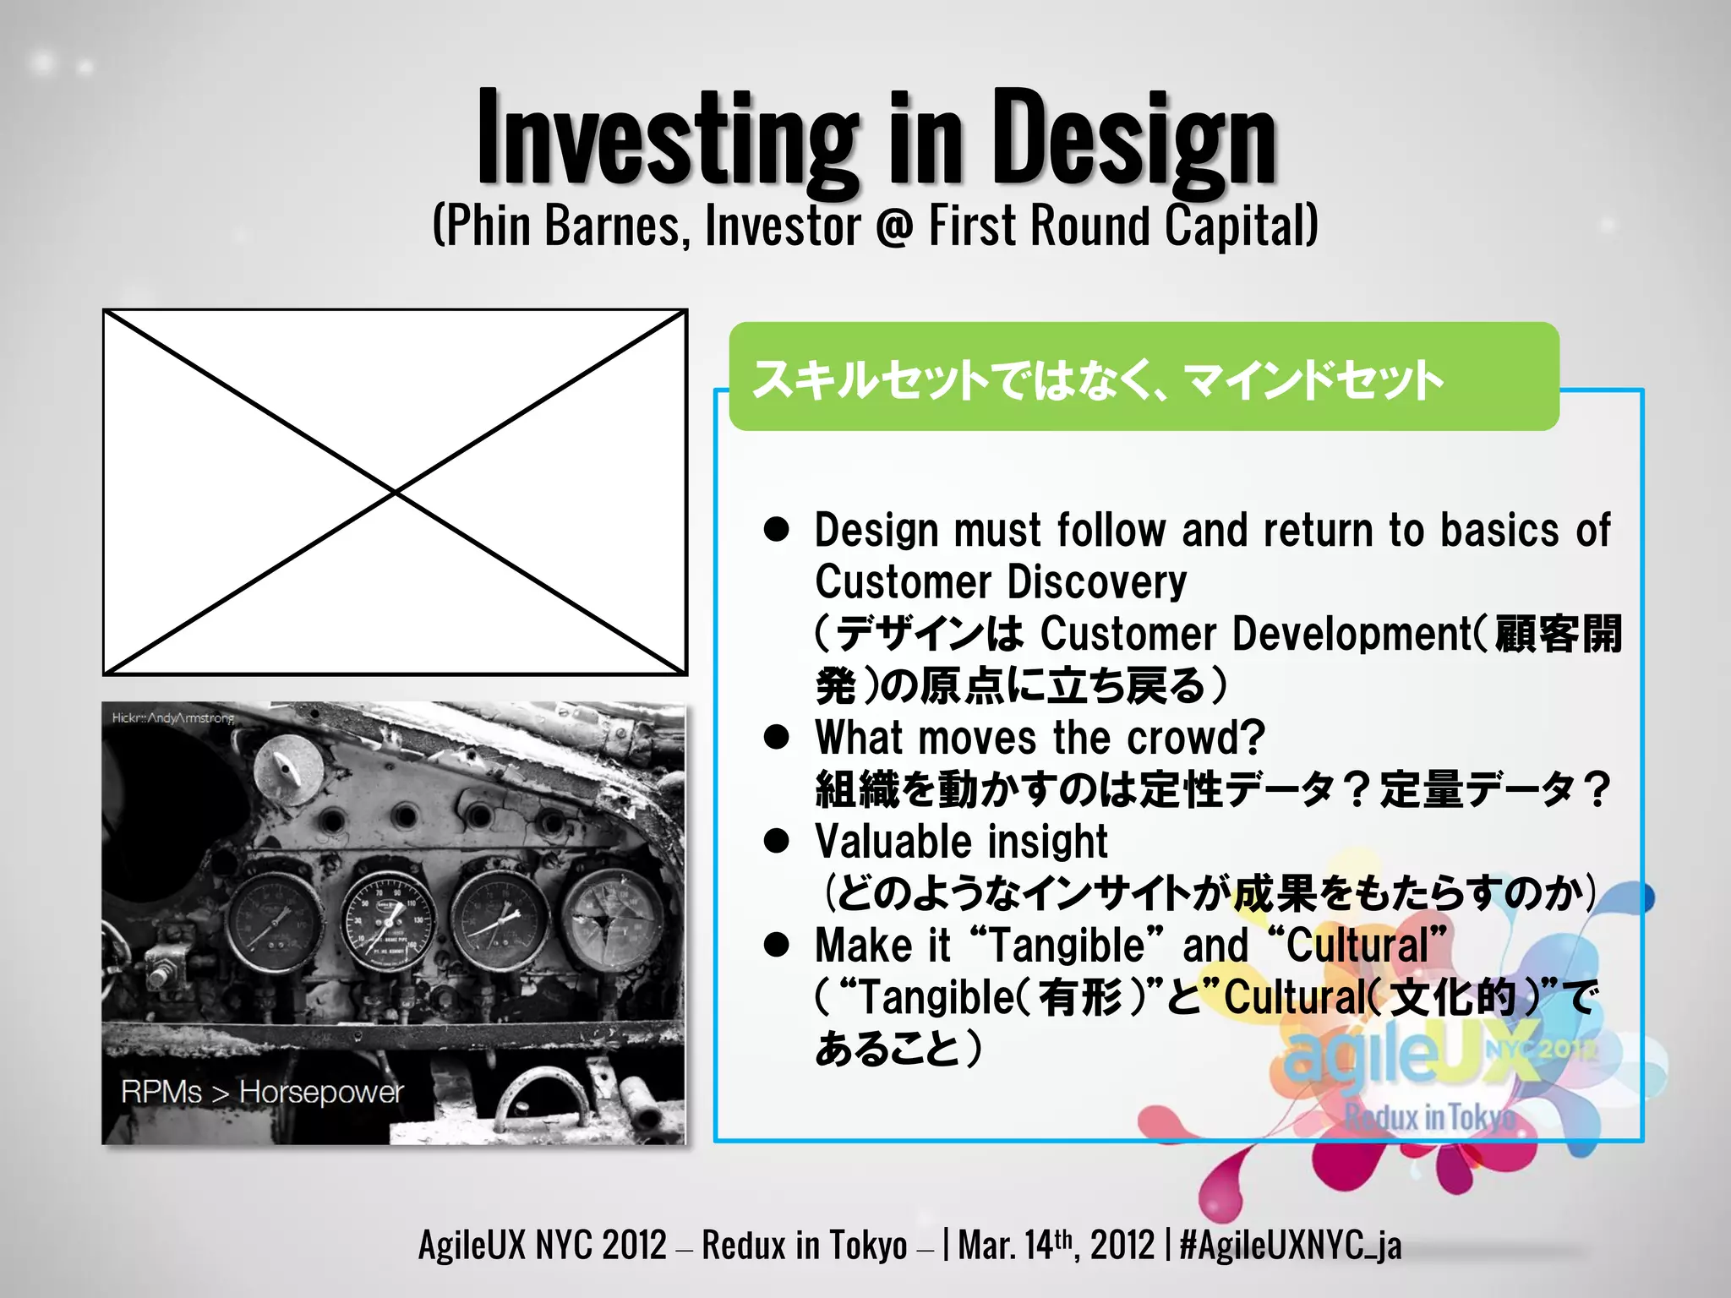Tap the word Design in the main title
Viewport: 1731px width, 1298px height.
pos(1133,139)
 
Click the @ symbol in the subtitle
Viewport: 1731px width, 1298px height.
pos(894,226)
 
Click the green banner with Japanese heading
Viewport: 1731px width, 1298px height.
pos(1143,378)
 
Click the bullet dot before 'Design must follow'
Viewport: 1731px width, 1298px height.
pos(776,530)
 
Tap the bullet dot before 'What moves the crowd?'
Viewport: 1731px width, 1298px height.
pos(776,737)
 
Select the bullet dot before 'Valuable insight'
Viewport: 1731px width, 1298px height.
pos(776,841)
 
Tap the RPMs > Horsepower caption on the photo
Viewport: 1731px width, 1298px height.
pos(262,1092)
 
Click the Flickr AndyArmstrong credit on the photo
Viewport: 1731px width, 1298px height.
pos(173,718)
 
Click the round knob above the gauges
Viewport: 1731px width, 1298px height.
pos(287,769)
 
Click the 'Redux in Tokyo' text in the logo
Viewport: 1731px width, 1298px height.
pos(1430,1117)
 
